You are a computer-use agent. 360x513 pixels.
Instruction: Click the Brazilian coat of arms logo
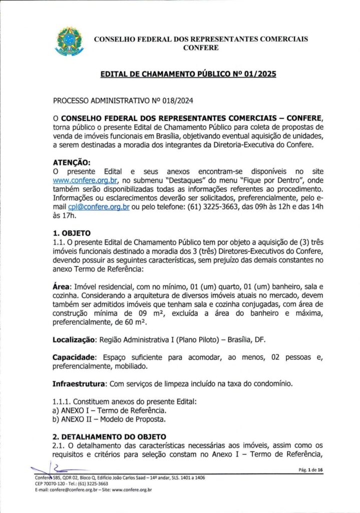point(70,42)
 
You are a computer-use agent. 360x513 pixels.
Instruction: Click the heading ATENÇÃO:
point(72,162)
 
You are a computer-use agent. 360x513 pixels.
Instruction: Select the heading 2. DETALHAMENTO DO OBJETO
point(109,437)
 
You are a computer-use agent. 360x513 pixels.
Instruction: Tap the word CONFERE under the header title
point(201,48)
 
